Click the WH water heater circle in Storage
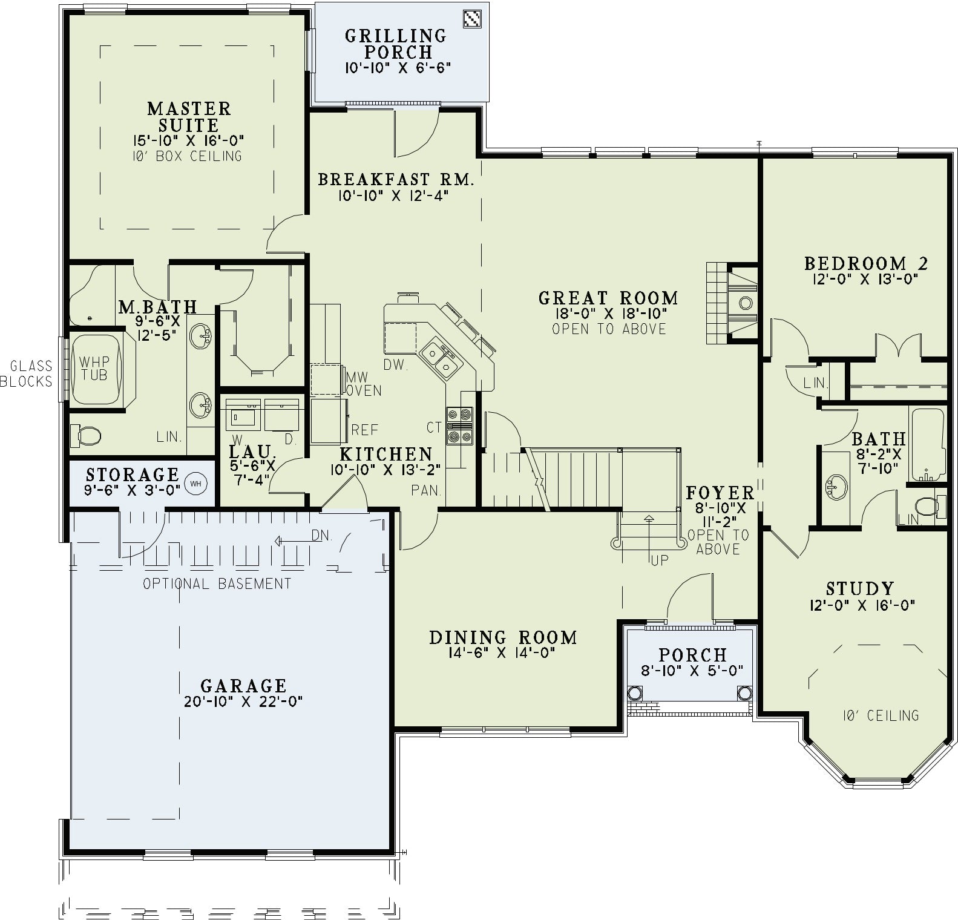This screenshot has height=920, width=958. click(195, 483)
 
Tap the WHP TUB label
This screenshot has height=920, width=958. click(94, 369)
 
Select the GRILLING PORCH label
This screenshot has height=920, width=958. click(396, 44)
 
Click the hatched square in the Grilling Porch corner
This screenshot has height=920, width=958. click(472, 19)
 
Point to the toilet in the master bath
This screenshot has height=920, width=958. click(85, 435)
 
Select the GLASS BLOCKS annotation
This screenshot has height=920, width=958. click(27, 373)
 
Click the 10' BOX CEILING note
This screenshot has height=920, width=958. click(187, 156)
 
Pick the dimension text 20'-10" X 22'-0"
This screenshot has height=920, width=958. click(243, 701)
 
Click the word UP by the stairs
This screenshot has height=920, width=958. click(660, 560)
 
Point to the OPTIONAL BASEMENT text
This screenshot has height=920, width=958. click(217, 584)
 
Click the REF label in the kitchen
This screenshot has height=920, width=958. click(365, 430)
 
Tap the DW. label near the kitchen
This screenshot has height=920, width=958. click(396, 365)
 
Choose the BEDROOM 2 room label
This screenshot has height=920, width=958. click(866, 263)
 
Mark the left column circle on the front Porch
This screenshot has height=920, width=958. click(635, 693)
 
